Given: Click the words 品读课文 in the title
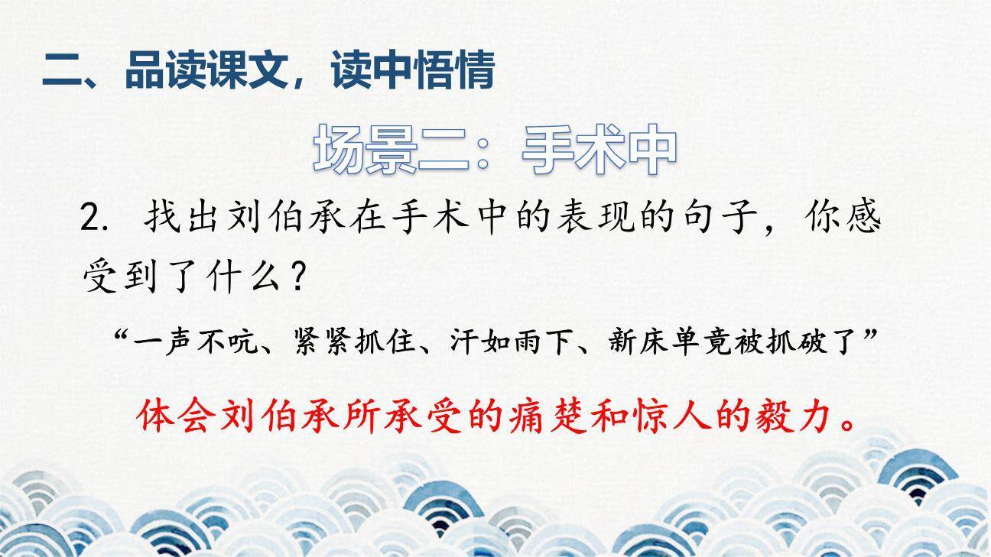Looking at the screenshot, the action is tap(206, 70).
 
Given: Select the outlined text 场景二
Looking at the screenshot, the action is tap(391, 149).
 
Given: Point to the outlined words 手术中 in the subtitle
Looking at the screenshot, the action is tap(599, 149).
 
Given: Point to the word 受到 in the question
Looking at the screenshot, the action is tap(120, 277).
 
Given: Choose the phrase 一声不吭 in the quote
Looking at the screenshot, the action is tap(195, 342).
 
